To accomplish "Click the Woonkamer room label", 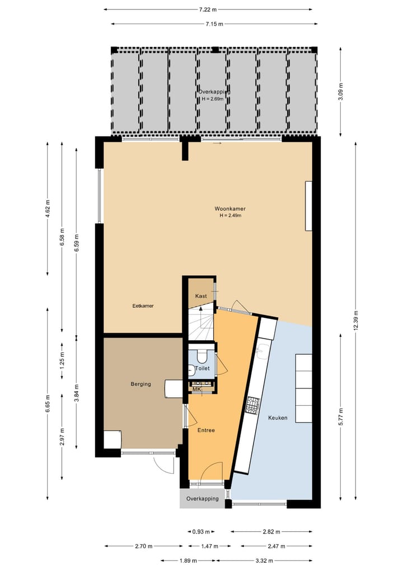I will pyautogui.click(x=230, y=208).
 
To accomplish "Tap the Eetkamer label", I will pyautogui.click(x=143, y=306).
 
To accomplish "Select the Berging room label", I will pyautogui.click(x=140, y=384).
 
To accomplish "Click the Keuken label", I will pyautogui.click(x=278, y=418).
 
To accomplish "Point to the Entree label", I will pyautogui.click(x=206, y=430).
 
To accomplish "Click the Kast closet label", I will pyautogui.click(x=200, y=296).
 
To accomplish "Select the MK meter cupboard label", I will pyautogui.click(x=196, y=389).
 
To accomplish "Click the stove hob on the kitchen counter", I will pyautogui.click(x=253, y=405).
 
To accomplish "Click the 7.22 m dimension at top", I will pyautogui.click(x=208, y=9).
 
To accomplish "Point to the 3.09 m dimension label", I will pyautogui.click(x=341, y=91).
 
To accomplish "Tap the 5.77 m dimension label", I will pyautogui.click(x=341, y=416).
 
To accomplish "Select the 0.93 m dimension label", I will pyautogui.click(x=200, y=532).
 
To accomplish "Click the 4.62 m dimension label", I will pyautogui.click(x=48, y=208).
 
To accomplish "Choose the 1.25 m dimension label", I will pyautogui.click(x=62, y=358).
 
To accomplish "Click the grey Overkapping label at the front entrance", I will pyautogui.click(x=202, y=499).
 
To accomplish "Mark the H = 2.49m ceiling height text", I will pyautogui.click(x=230, y=215).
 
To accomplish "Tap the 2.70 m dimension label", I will pyautogui.click(x=143, y=546).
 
